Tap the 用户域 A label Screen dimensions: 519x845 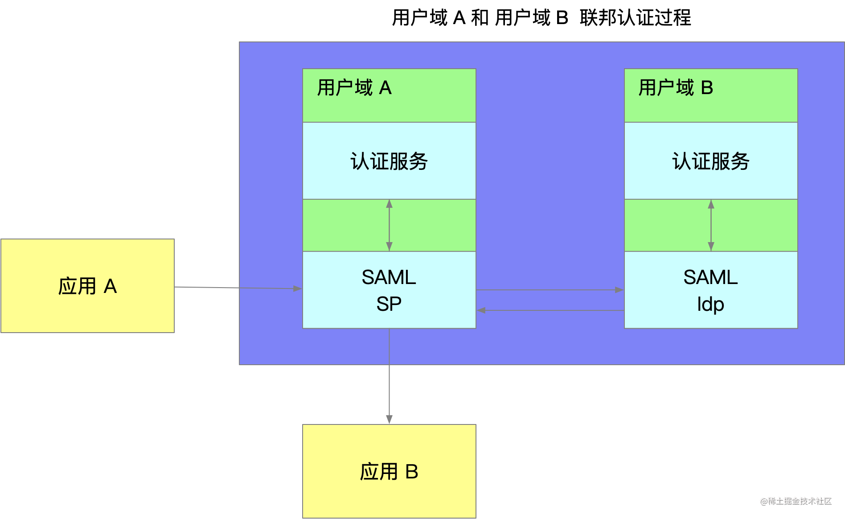click(354, 88)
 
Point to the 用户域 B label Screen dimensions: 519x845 click(676, 88)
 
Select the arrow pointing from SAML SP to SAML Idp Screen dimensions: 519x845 click(550, 290)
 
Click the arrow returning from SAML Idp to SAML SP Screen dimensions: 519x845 click(550, 310)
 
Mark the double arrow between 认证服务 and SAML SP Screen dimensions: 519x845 click(389, 225)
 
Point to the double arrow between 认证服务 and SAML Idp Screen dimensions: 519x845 click(711, 225)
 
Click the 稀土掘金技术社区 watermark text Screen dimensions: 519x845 click(796, 500)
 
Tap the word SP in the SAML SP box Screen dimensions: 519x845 click(389, 304)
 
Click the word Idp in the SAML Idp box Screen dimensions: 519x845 click(710, 304)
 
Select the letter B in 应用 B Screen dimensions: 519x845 click(412, 472)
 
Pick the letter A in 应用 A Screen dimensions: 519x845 click(110, 286)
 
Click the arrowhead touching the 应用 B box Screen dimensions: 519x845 click(389, 420)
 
